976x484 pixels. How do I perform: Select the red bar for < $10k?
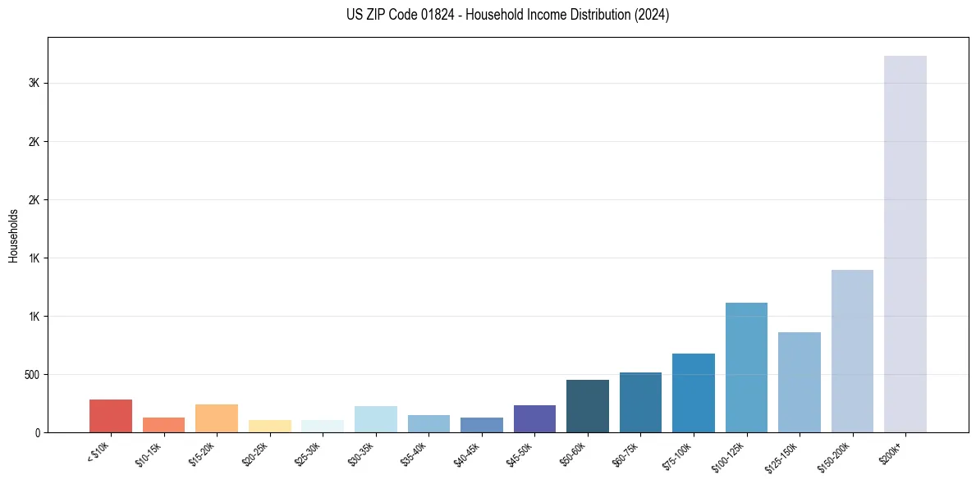[x=111, y=416]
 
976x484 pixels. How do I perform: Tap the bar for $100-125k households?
[x=746, y=368]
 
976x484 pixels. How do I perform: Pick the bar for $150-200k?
[x=852, y=351]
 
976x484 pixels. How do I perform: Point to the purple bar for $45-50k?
[x=534, y=418]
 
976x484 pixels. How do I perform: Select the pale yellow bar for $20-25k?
[x=270, y=426]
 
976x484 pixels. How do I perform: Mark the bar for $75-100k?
[x=694, y=393]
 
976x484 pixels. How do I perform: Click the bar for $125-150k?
[x=800, y=382]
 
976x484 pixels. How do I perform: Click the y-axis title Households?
[x=14, y=235]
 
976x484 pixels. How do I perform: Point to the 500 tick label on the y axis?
[x=30, y=375]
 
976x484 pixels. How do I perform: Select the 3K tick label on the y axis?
[x=34, y=84]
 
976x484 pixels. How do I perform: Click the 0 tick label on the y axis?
[x=37, y=433]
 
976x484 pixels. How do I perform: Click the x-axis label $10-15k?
[x=149, y=453]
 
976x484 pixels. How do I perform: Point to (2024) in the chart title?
[x=652, y=15]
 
